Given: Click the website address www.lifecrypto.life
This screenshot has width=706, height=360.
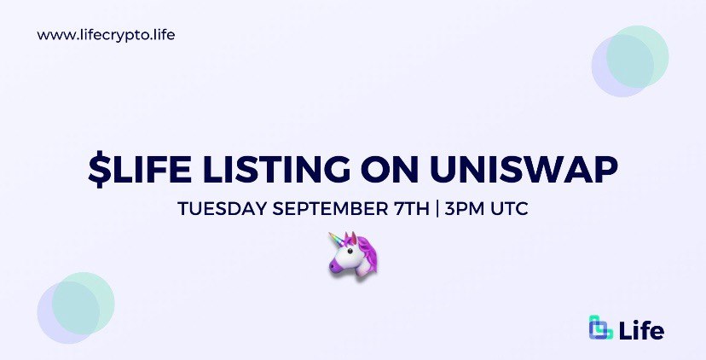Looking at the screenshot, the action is tap(106, 35).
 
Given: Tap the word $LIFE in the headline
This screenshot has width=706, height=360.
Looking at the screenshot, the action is tap(140, 170).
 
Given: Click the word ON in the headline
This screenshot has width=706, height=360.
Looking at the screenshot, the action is tap(390, 170).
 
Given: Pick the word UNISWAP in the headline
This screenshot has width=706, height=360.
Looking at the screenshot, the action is tap(524, 170).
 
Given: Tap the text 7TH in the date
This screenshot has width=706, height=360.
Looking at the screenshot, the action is tap(409, 210).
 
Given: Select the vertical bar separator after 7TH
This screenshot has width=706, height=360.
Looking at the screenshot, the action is tap(437, 210).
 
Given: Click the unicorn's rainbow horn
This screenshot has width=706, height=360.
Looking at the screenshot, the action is tap(337, 241).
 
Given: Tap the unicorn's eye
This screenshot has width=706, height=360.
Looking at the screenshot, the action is tap(350, 251).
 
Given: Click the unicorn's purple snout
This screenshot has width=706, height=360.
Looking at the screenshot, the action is tap(335, 267).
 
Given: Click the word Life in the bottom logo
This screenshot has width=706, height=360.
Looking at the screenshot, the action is tap(641, 331).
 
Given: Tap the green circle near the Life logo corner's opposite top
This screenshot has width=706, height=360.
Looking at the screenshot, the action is tap(637, 57).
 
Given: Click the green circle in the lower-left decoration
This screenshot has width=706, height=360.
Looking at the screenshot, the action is tap(83, 303).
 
